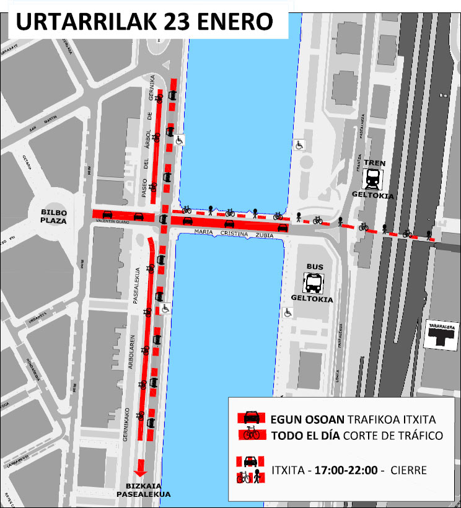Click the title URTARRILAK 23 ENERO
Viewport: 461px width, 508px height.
pos(144,22)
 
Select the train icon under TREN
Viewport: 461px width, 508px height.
pos(374,180)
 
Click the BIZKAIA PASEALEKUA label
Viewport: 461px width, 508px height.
pos(143,490)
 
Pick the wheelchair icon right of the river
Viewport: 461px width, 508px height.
pos(299,145)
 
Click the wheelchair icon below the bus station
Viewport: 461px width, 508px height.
pos(288,313)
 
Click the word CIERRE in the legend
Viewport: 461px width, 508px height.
pos(408,470)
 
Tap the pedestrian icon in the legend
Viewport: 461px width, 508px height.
pos(257,478)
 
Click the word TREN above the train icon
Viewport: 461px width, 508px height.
pos(374,164)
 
